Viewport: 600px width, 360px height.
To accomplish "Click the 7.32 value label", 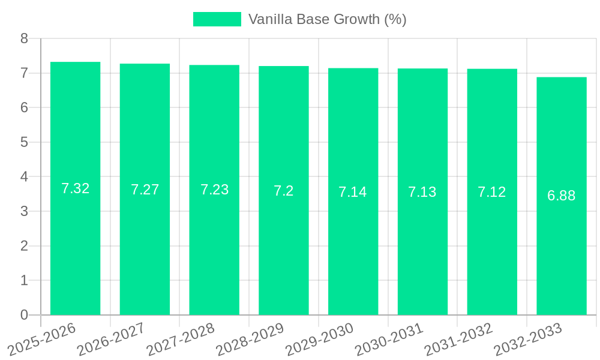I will pos(76,188).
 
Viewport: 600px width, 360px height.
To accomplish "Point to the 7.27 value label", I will pos(145,190).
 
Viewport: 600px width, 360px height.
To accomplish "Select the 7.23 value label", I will pos(215,190).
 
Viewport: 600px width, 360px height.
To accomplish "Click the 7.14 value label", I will pos(353,192).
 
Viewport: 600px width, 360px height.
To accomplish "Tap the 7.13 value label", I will pos(422,192).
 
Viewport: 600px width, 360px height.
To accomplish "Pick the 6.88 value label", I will pos(562,196).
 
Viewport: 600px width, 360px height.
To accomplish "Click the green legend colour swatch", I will pos(217,19).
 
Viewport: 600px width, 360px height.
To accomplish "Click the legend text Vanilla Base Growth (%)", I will pos(328,19).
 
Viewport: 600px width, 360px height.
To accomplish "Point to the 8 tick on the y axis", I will pos(24,38).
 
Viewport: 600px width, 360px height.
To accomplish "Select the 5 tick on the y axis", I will pos(24,142).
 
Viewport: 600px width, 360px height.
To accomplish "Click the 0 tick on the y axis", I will pos(24,315).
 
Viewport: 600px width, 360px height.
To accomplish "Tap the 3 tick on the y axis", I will pos(24,211).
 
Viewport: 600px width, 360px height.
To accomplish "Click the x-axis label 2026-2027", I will pos(111,339).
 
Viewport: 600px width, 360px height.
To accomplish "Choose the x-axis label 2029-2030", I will pos(319,339).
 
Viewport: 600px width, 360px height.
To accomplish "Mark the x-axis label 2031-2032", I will pos(458,339).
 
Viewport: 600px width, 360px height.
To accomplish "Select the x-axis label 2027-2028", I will pos(181,339).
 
